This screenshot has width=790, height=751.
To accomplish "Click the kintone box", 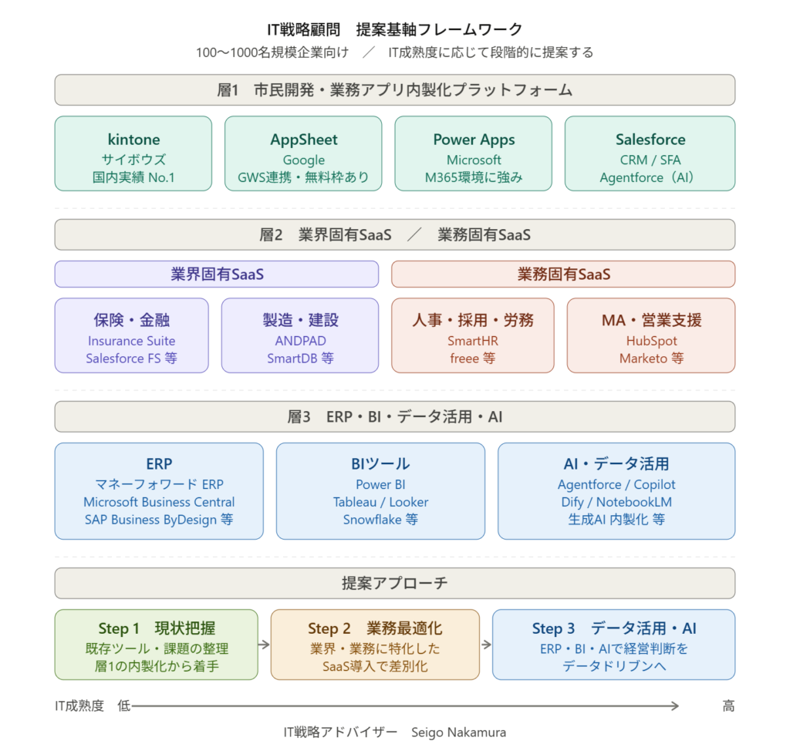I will click(133, 153).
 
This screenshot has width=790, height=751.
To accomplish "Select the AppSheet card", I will click(303, 153).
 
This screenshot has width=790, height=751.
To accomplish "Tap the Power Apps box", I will click(474, 153).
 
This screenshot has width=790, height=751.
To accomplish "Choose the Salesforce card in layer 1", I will click(650, 153).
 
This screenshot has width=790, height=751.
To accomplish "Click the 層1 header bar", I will click(394, 90).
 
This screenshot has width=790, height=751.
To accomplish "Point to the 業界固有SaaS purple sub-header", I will click(217, 274).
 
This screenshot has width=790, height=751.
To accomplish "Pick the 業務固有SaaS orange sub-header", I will click(563, 274).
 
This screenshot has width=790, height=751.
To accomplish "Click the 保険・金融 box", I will click(132, 336).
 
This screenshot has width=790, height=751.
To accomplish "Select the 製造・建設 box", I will click(300, 336).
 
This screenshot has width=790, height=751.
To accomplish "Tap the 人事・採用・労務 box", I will click(472, 336).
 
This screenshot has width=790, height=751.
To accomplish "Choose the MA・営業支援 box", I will click(651, 336).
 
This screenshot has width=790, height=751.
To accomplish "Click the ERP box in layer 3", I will click(159, 490).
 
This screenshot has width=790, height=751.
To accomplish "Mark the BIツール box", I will click(380, 490).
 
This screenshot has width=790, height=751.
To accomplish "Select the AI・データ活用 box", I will click(616, 490).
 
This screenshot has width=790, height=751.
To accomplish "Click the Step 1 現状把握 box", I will click(157, 645).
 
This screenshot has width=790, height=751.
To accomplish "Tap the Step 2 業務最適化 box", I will click(375, 645).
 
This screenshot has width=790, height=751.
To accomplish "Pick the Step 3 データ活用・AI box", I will click(613, 645).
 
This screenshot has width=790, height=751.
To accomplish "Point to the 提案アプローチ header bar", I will click(394, 584).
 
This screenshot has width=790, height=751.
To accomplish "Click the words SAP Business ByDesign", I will click(150, 520).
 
